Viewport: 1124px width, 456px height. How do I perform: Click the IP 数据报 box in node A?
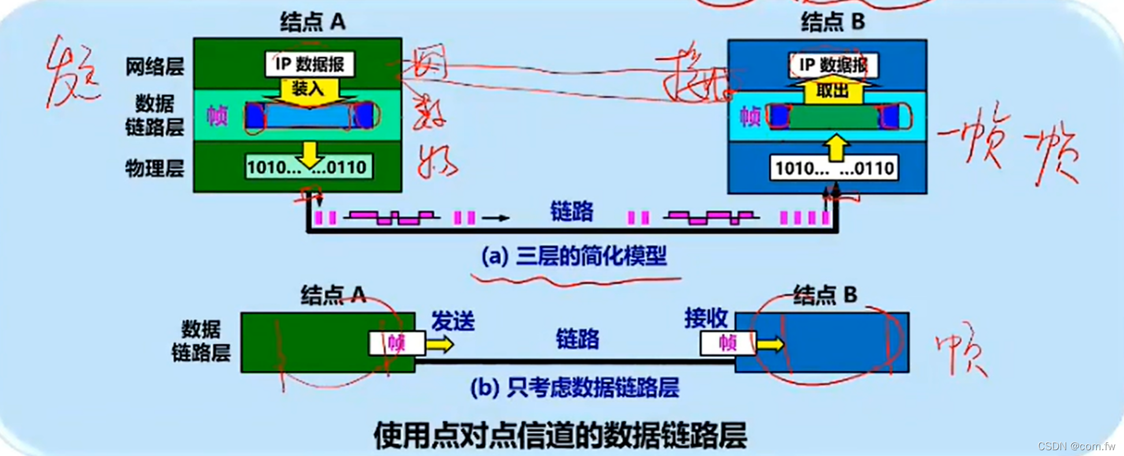pyautogui.click(x=309, y=64)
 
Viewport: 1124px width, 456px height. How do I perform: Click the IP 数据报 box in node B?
pyautogui.click(x=832, y=65)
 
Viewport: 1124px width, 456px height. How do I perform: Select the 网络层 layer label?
pyautogui.click(x=155, y=67)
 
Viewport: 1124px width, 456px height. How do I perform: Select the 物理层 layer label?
pyautogui.click(x=155, y=169)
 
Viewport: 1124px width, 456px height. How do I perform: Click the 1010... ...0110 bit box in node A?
pyautogui.click(x=308, y=167)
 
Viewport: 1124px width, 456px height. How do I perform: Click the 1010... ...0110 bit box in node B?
pyautogui.click(x=834, y=169)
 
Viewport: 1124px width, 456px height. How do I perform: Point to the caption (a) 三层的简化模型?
pyautogui.click(x=574, y=256)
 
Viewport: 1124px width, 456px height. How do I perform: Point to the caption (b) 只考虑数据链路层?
pyautogui.click(x=574, y=388)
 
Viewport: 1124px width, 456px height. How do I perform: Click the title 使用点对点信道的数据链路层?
pyautogui.click(x=560, y=435)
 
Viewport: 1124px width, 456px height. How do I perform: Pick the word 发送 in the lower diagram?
pyautogui.click(x=453, y=321)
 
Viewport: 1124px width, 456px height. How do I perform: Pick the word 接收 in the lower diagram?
pyautogui.click(x=705, y=318)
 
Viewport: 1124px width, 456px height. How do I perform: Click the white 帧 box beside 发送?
pyautogui.click(x=397, y=343)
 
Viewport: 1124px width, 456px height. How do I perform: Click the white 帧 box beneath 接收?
pyautogui.click(x=727, y=343)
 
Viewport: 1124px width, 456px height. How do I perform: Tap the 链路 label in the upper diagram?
pyautogui.click(x=572, y=212)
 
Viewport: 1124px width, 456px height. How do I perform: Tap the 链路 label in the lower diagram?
pyautogui.click(x=577, y=339)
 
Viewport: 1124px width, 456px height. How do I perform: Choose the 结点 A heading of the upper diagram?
pyautogui.click(x=313, y=22)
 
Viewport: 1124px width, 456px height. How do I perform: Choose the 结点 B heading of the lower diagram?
pyautogui.click(x=825, y=295)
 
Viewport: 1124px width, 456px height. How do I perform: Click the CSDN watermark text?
pyautogui.click(x=1076, y=446)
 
